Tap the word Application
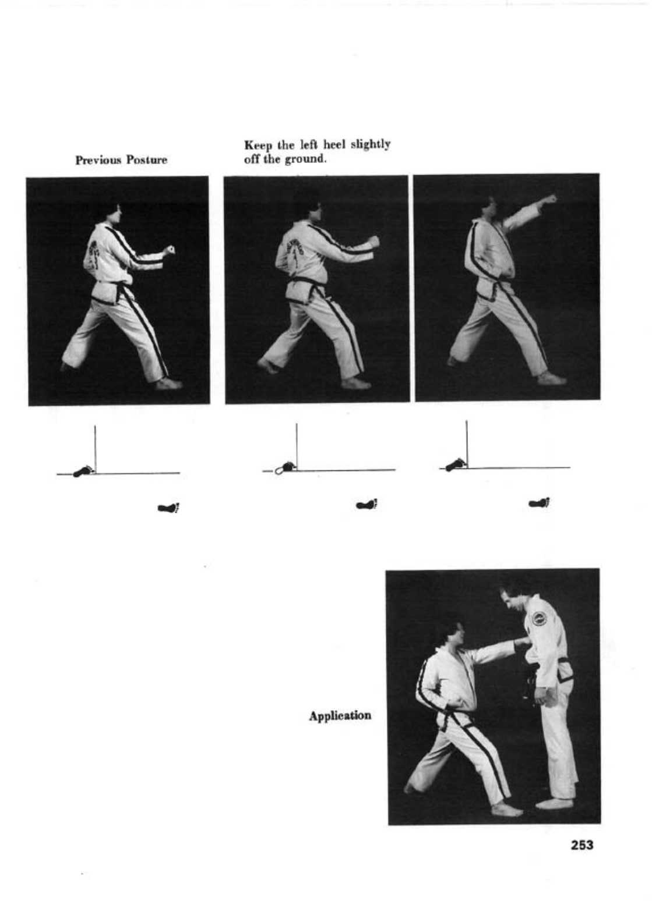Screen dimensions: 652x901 point(340,716)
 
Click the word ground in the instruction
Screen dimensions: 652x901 point(305,159)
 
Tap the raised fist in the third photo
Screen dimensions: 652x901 point(549,198)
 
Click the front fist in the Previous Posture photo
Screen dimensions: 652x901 point(169,250)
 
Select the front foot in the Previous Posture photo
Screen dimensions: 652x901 point(169,384)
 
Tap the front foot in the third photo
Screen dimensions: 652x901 point(552,379)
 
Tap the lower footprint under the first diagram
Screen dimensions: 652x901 point(169,508)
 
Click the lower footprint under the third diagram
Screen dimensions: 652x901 point(540,502)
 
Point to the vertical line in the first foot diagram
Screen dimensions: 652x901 point(95,449)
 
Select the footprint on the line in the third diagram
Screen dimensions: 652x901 point(457,464)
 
